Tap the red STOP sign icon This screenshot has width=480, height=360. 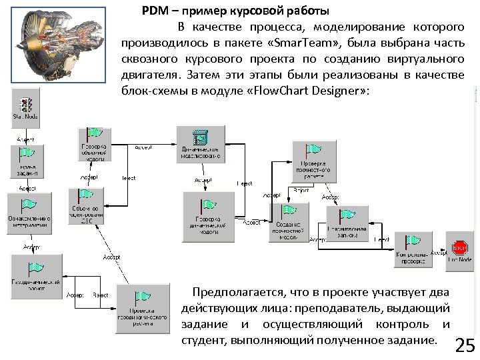coord(459,248)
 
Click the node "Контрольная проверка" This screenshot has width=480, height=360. coord(413,249)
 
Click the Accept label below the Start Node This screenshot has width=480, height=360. coord(25,139)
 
